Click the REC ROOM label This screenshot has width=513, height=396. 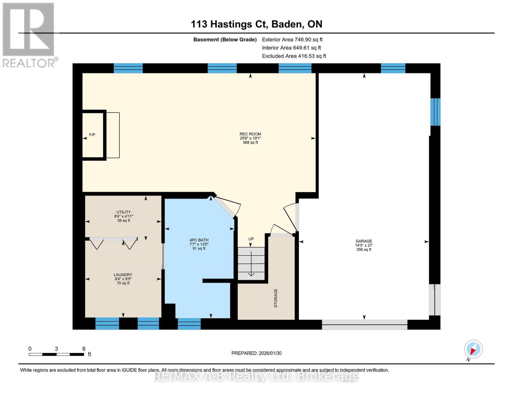coord(250,134)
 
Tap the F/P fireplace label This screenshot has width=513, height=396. coord(92,135)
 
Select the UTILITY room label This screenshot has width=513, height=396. coord(124,212)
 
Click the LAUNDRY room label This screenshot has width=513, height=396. coord(123,275)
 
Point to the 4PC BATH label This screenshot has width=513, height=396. coord(199,240)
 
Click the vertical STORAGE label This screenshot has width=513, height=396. coord(276,298)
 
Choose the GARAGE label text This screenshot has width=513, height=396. coord(364,241)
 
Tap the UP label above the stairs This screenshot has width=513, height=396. coord(251,239)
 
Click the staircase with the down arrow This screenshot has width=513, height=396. coord(251,263)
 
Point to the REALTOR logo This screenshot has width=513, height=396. coord(29,35)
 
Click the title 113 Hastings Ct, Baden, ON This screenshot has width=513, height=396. coord(256,24)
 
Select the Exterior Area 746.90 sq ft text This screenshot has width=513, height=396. coord(292,40)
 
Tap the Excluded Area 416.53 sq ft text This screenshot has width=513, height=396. coord(294,56)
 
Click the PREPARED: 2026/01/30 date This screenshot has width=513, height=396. coord(256,353)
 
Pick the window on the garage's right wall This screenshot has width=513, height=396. coord(435,112)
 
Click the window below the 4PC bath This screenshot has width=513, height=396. coord(189,324)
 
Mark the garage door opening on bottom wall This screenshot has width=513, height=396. coord(364,325)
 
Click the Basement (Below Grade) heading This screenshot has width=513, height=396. coord(225,40)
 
